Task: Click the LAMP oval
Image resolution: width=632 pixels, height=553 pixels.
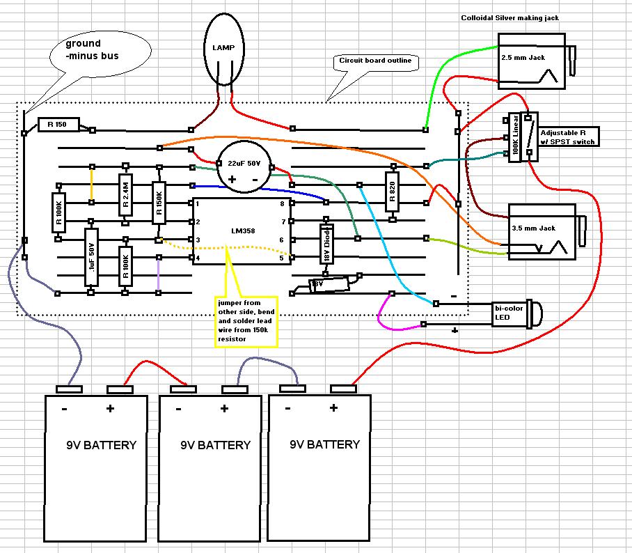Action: point(224,47)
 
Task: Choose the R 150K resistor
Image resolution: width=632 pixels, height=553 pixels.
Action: point(159,203)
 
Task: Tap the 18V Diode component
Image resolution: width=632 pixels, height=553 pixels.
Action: point(325,244)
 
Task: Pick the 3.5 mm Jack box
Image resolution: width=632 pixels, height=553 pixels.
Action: point(542,230)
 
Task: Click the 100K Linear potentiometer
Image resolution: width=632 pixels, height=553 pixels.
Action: point(516,137)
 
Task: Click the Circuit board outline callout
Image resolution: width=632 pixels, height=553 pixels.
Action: point(374,61)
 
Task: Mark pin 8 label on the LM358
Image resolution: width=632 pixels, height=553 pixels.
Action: point(282,203)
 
